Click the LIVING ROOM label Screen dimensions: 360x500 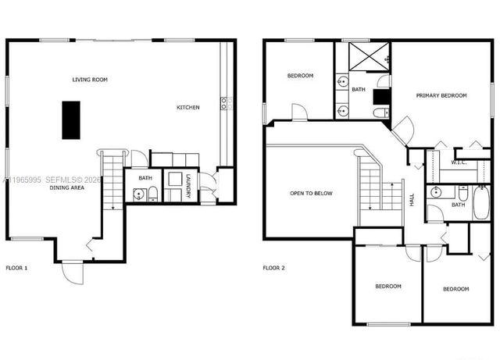click(x=90, y=80)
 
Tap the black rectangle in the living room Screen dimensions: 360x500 click(x=71, y=119)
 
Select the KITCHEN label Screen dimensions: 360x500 click(x=187, y=107)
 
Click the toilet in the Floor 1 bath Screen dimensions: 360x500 click(x=153, y=194)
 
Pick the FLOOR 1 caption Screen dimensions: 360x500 click(x=16, y=268)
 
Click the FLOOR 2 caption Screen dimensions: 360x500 click(x=273, y=268)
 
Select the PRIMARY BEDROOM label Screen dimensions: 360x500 click(x=441, y=95)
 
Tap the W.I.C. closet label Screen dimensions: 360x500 click(x=459, y=162)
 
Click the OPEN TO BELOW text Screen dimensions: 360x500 click(x=311, y=193)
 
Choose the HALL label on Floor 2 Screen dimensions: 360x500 click(x=412, y=201)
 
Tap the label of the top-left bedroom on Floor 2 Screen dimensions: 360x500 click(x=300, y=76)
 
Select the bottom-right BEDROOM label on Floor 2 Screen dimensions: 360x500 click(x=455, y=289)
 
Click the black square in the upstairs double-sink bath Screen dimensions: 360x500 click(x=381, y=96)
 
